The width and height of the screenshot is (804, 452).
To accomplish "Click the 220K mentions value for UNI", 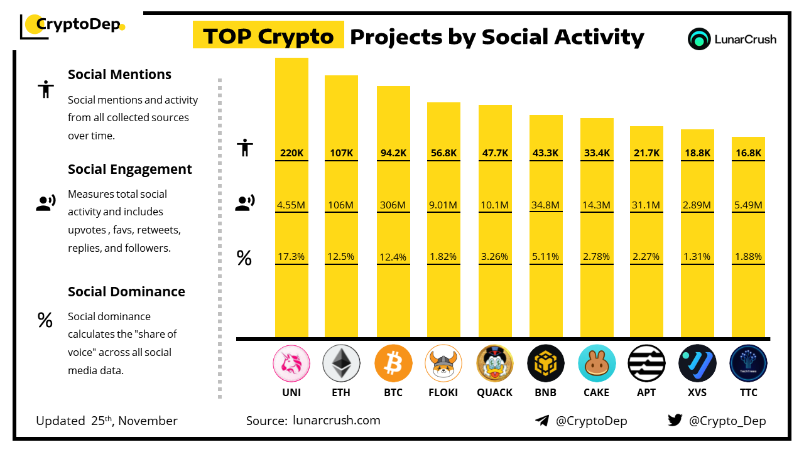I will pos(291,153).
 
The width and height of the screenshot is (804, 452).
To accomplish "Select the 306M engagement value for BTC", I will pos(393,205).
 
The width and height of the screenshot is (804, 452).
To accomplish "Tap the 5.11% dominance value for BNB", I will pos(545,256).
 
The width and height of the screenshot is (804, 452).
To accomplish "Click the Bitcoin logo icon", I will pos(393,363).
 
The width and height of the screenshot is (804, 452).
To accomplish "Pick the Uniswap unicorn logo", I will pos(291,363).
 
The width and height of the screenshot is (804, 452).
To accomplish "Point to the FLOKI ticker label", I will pos(443,392).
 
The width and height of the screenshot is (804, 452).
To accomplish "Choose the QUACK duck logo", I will pos(495,363).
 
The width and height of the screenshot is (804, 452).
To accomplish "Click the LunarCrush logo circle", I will pos(699,39).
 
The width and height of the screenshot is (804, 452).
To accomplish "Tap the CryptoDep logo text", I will pos(78,25).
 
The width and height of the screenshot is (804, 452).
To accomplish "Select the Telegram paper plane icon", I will pos(542,421).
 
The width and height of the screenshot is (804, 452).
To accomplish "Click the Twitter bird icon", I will pos(675,420).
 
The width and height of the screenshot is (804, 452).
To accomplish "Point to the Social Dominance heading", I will pos(126,291).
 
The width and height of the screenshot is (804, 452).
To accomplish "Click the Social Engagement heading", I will pos(129,169).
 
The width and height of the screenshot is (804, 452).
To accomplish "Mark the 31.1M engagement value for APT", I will pos(646,205).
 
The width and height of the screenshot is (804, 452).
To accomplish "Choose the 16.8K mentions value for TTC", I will pos(749,153).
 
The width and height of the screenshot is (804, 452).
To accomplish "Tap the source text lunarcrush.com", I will pos(337,421).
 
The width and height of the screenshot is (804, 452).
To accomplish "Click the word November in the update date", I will pos(148,421).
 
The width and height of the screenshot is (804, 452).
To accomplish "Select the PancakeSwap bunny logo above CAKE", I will pos(596,363).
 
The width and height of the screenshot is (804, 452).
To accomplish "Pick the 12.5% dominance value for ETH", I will pos(341,256).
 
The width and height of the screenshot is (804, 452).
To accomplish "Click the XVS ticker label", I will pos(697,392).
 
